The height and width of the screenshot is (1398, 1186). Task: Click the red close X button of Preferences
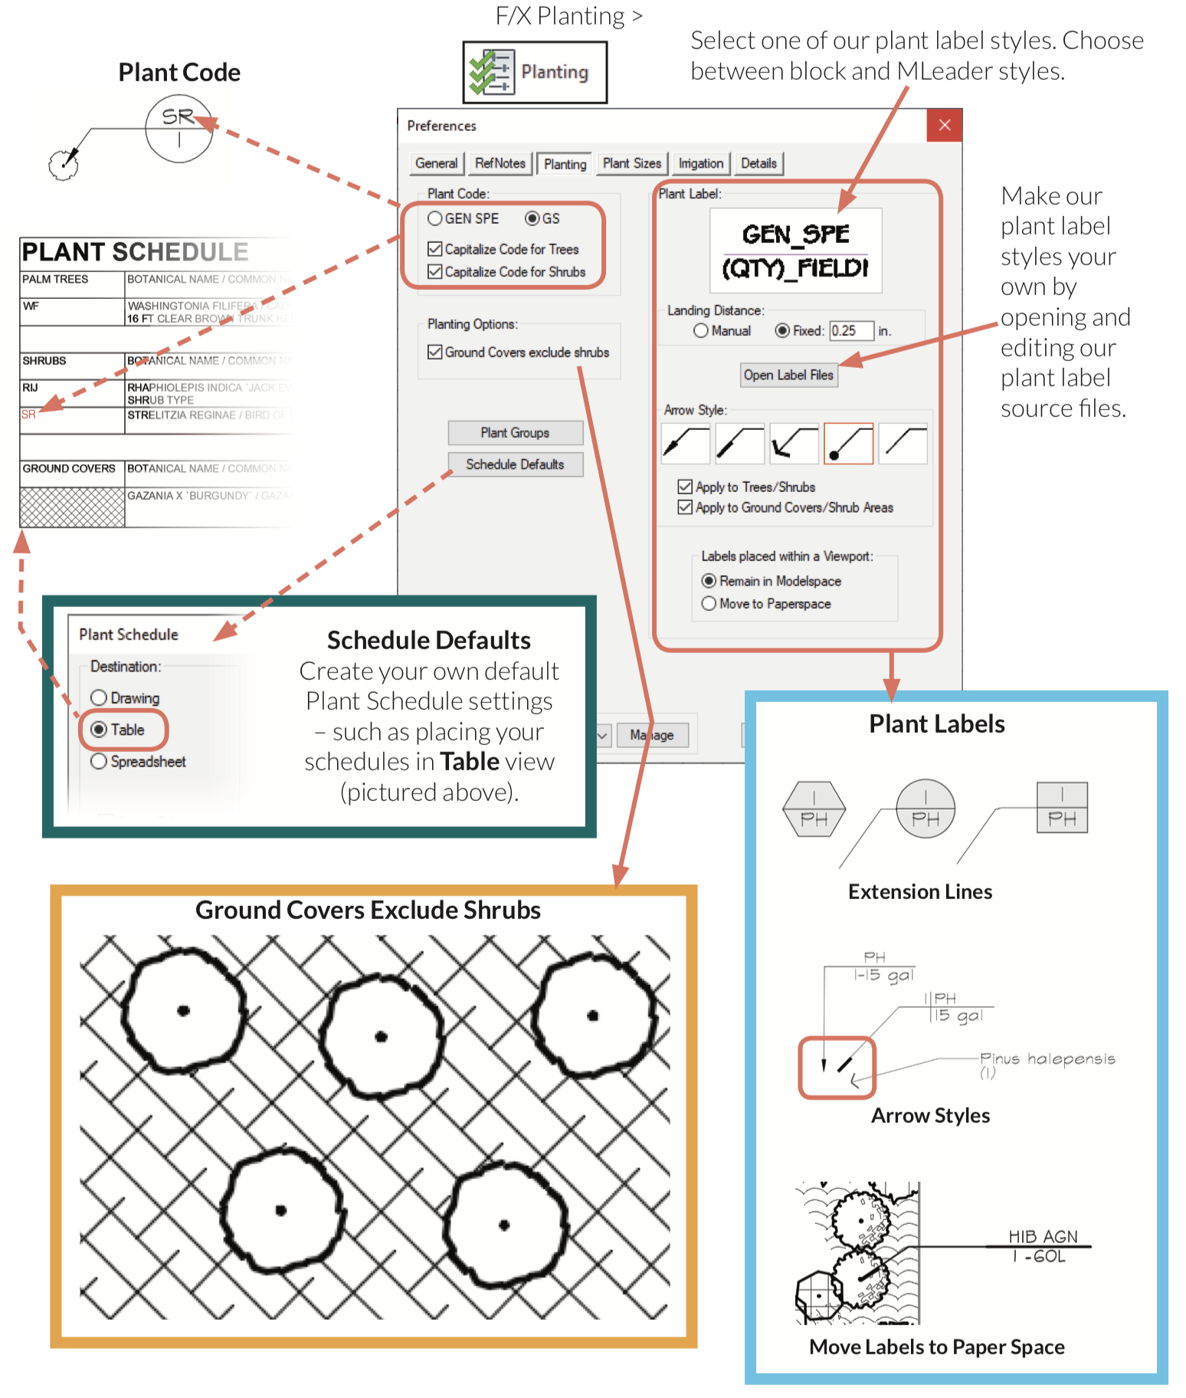click(944, 125)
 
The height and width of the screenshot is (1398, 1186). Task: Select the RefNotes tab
click(500, 163)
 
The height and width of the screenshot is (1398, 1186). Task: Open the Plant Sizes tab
click(631, 163)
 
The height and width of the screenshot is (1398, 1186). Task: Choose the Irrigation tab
click(700, 163)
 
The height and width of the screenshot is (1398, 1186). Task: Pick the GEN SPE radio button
click(435, 218)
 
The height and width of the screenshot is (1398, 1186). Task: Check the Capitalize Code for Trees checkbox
click(435, 249)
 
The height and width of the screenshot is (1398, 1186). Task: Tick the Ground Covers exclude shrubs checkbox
click(435, 352)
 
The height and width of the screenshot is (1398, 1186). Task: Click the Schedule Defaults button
click(515, 464)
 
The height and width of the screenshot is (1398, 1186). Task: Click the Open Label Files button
click(788, 375)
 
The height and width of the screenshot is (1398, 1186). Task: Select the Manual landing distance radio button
click(701, 330)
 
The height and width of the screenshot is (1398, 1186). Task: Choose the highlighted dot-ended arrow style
click(848, 444)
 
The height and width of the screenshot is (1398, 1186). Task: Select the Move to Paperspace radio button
click(709, 603)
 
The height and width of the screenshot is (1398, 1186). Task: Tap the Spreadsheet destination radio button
click(99, 761)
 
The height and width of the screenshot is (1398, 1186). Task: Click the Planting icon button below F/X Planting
click(535, 72)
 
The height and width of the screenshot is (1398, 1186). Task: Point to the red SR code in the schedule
click(28, 415)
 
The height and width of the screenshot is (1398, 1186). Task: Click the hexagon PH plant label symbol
click(814, 809)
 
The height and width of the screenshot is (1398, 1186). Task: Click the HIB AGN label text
click(1042, 1236)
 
